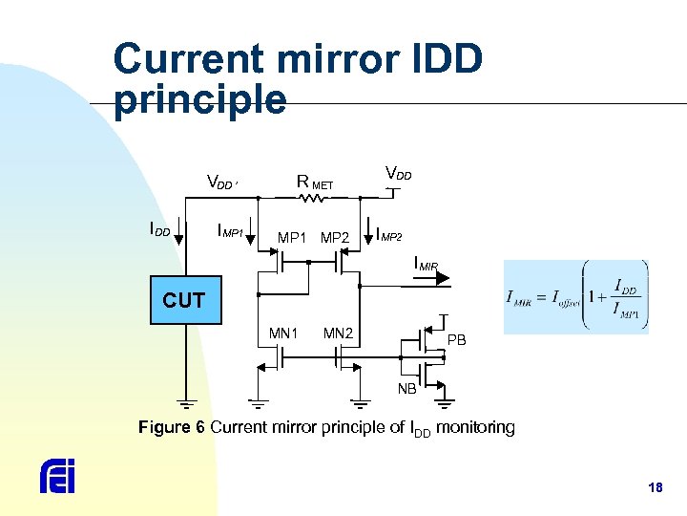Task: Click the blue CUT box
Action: coord(184,300)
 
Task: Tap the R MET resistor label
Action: coord(315,182)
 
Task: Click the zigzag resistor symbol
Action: coord(312,199)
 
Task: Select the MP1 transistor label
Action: coord(292,237)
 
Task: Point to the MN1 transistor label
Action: coord(283,333)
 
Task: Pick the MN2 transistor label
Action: coord(338,333)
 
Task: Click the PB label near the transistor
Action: coord(457,340)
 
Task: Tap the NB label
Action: coord(407,388)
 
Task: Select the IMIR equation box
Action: coord(575,296)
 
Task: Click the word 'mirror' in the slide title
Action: coord(312,59)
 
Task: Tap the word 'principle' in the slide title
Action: coord(199,98)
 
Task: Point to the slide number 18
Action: coord(655,488)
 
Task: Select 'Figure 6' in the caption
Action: coord(172,427)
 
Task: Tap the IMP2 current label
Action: coord(389,233)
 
